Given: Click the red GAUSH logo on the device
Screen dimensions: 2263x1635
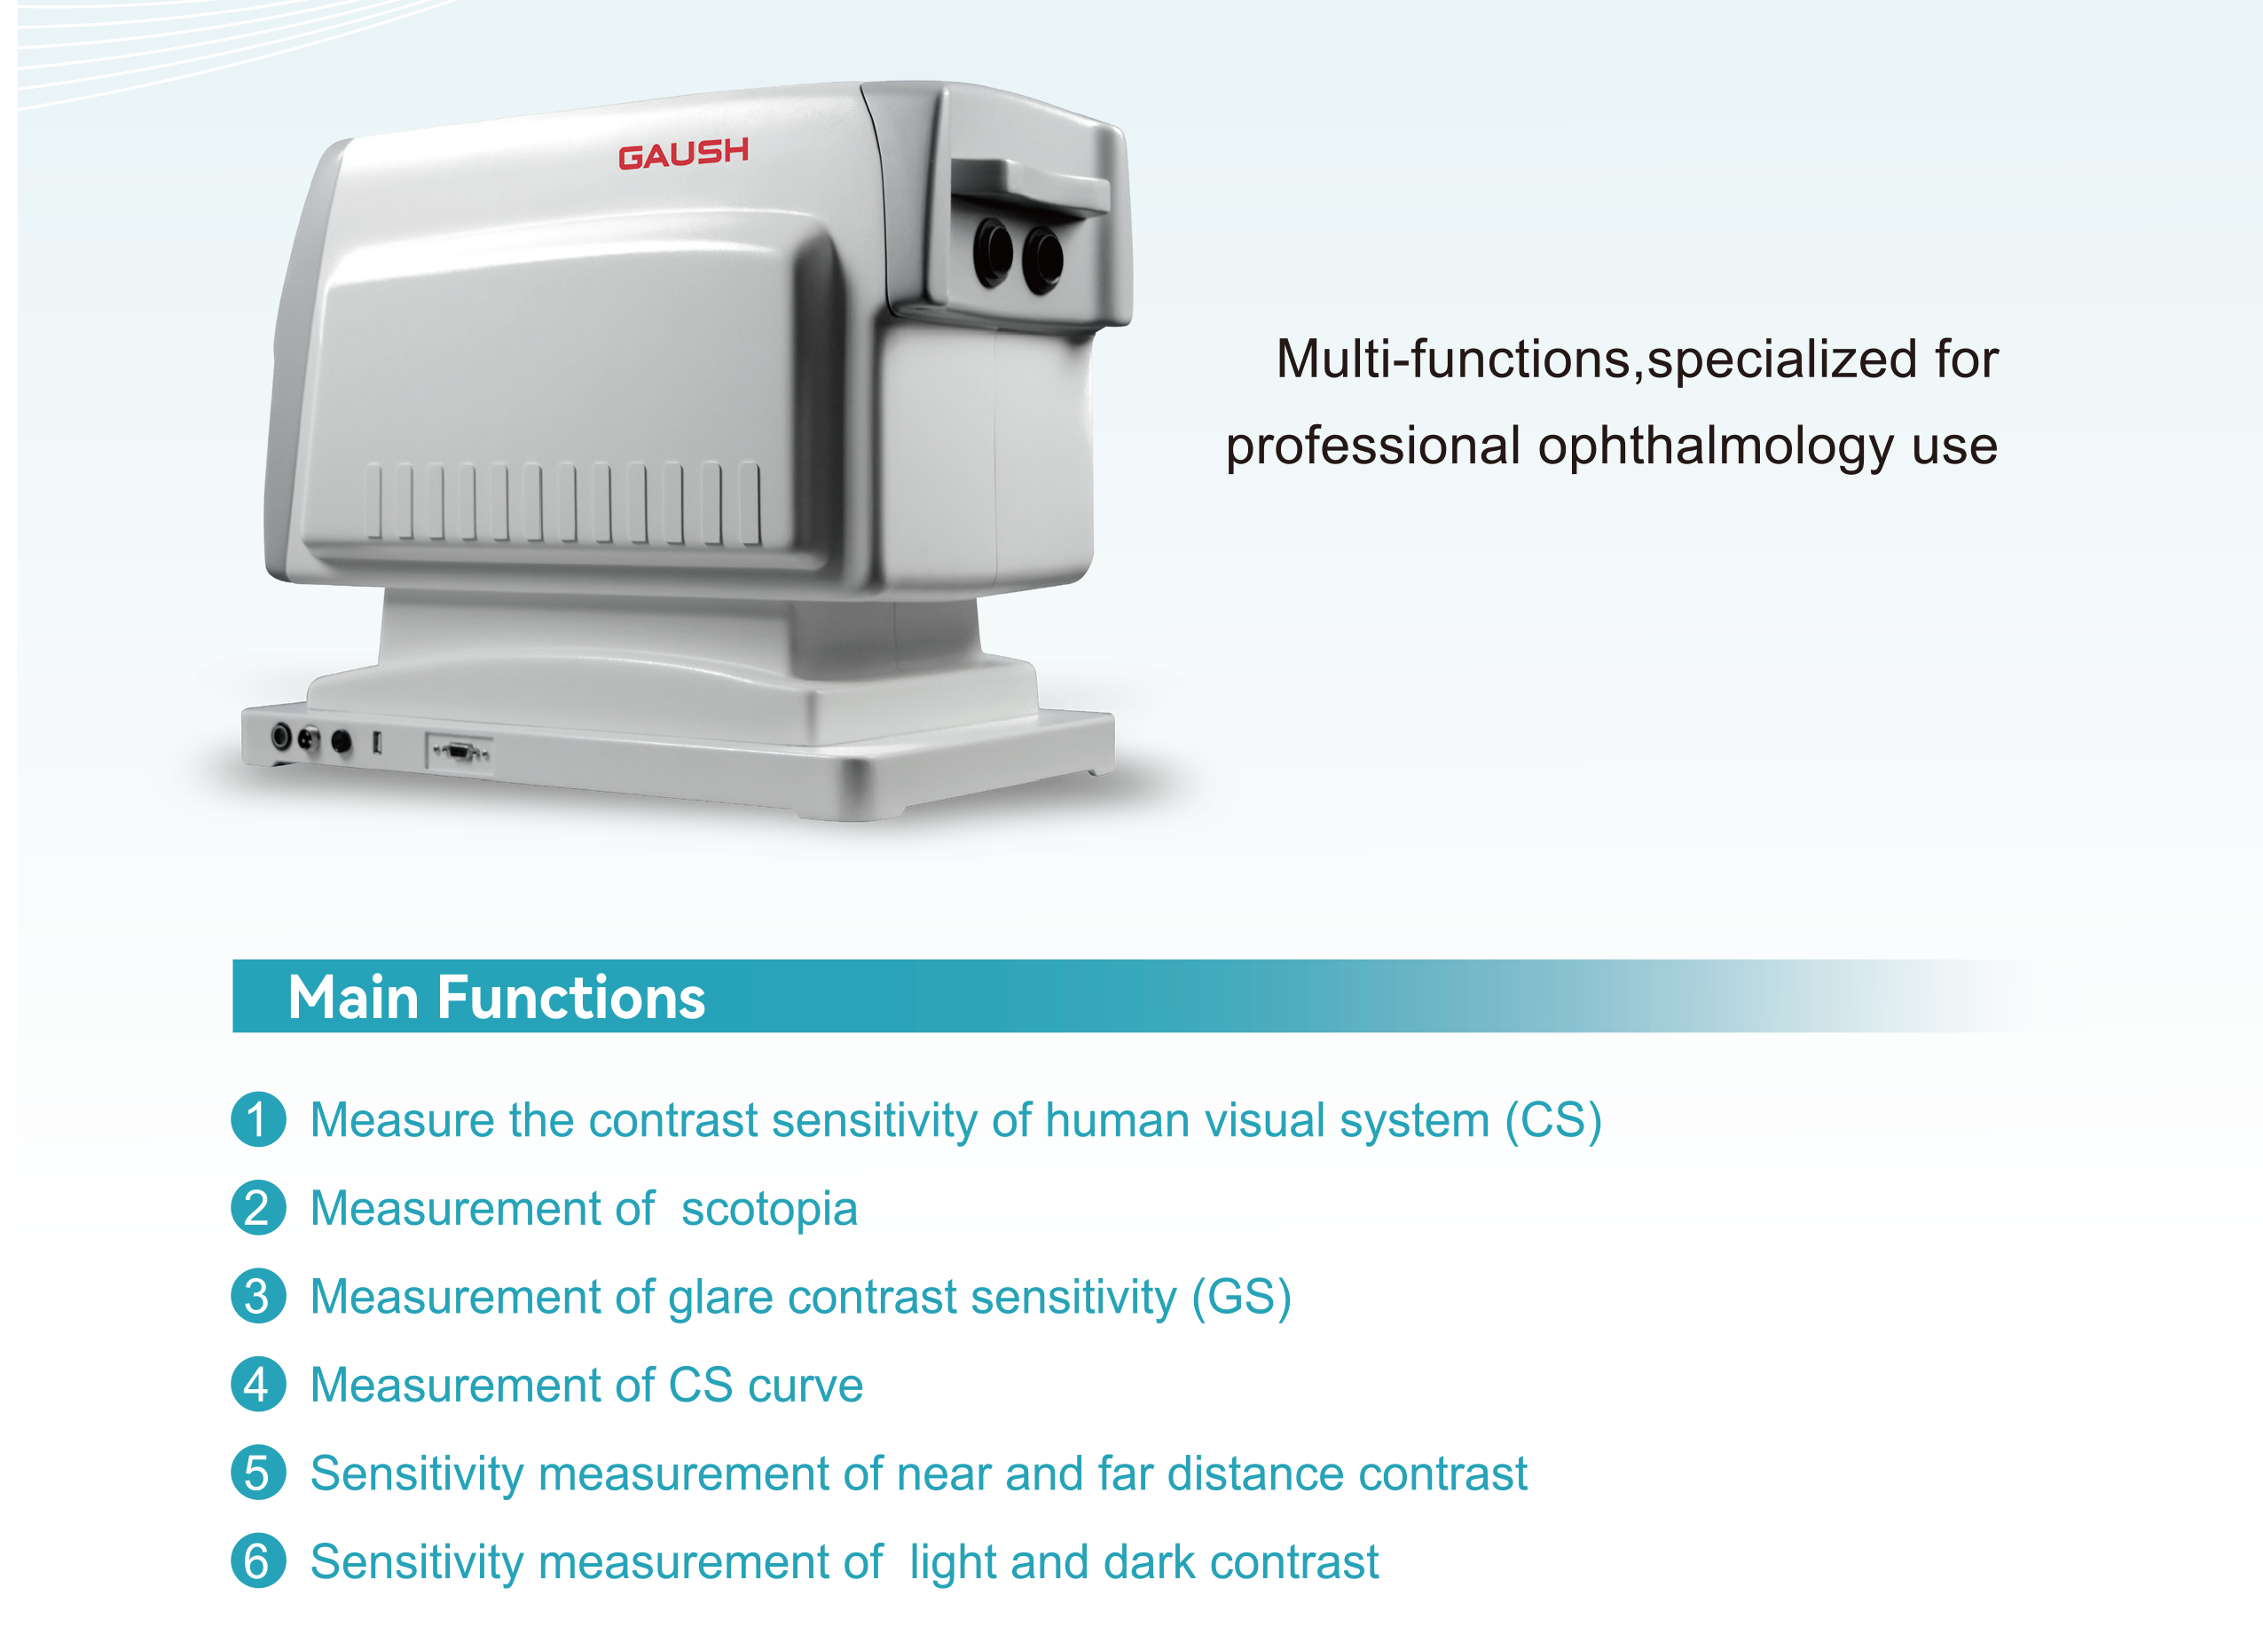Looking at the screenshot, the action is pyautogui.click(x=683, y=154).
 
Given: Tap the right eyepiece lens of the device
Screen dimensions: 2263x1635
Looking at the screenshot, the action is pyautogui.click(x=1044, y=258).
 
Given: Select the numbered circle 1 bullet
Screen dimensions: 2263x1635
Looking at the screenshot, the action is pyautogui.click(x=258, y=1119).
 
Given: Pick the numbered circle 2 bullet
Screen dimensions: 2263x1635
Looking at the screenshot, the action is pyautogui.click(x=258, y=1208).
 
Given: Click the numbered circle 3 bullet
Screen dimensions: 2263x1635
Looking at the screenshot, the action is pyautogui.click(x=258, y=1296).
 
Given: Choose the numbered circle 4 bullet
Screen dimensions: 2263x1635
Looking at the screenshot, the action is pyautogui.click(x=258, y=1385).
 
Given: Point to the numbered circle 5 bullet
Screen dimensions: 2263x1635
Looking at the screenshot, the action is pyautogui.click(x=258, y=1473).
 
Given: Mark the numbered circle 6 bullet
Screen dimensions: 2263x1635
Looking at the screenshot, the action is pyautogui.click(x=258, y=1561).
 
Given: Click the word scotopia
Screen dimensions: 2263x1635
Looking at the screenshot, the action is pyautogui.click(x=769, y=1211).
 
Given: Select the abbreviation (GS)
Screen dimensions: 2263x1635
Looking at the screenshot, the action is pyautogui.click(x=1242, y=1298).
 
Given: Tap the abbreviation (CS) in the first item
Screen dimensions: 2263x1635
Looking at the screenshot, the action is pyautogui.click(x=1553, y=1121).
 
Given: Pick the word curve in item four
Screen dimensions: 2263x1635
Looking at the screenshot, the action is pyautogui.click(x=805, y=1386).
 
